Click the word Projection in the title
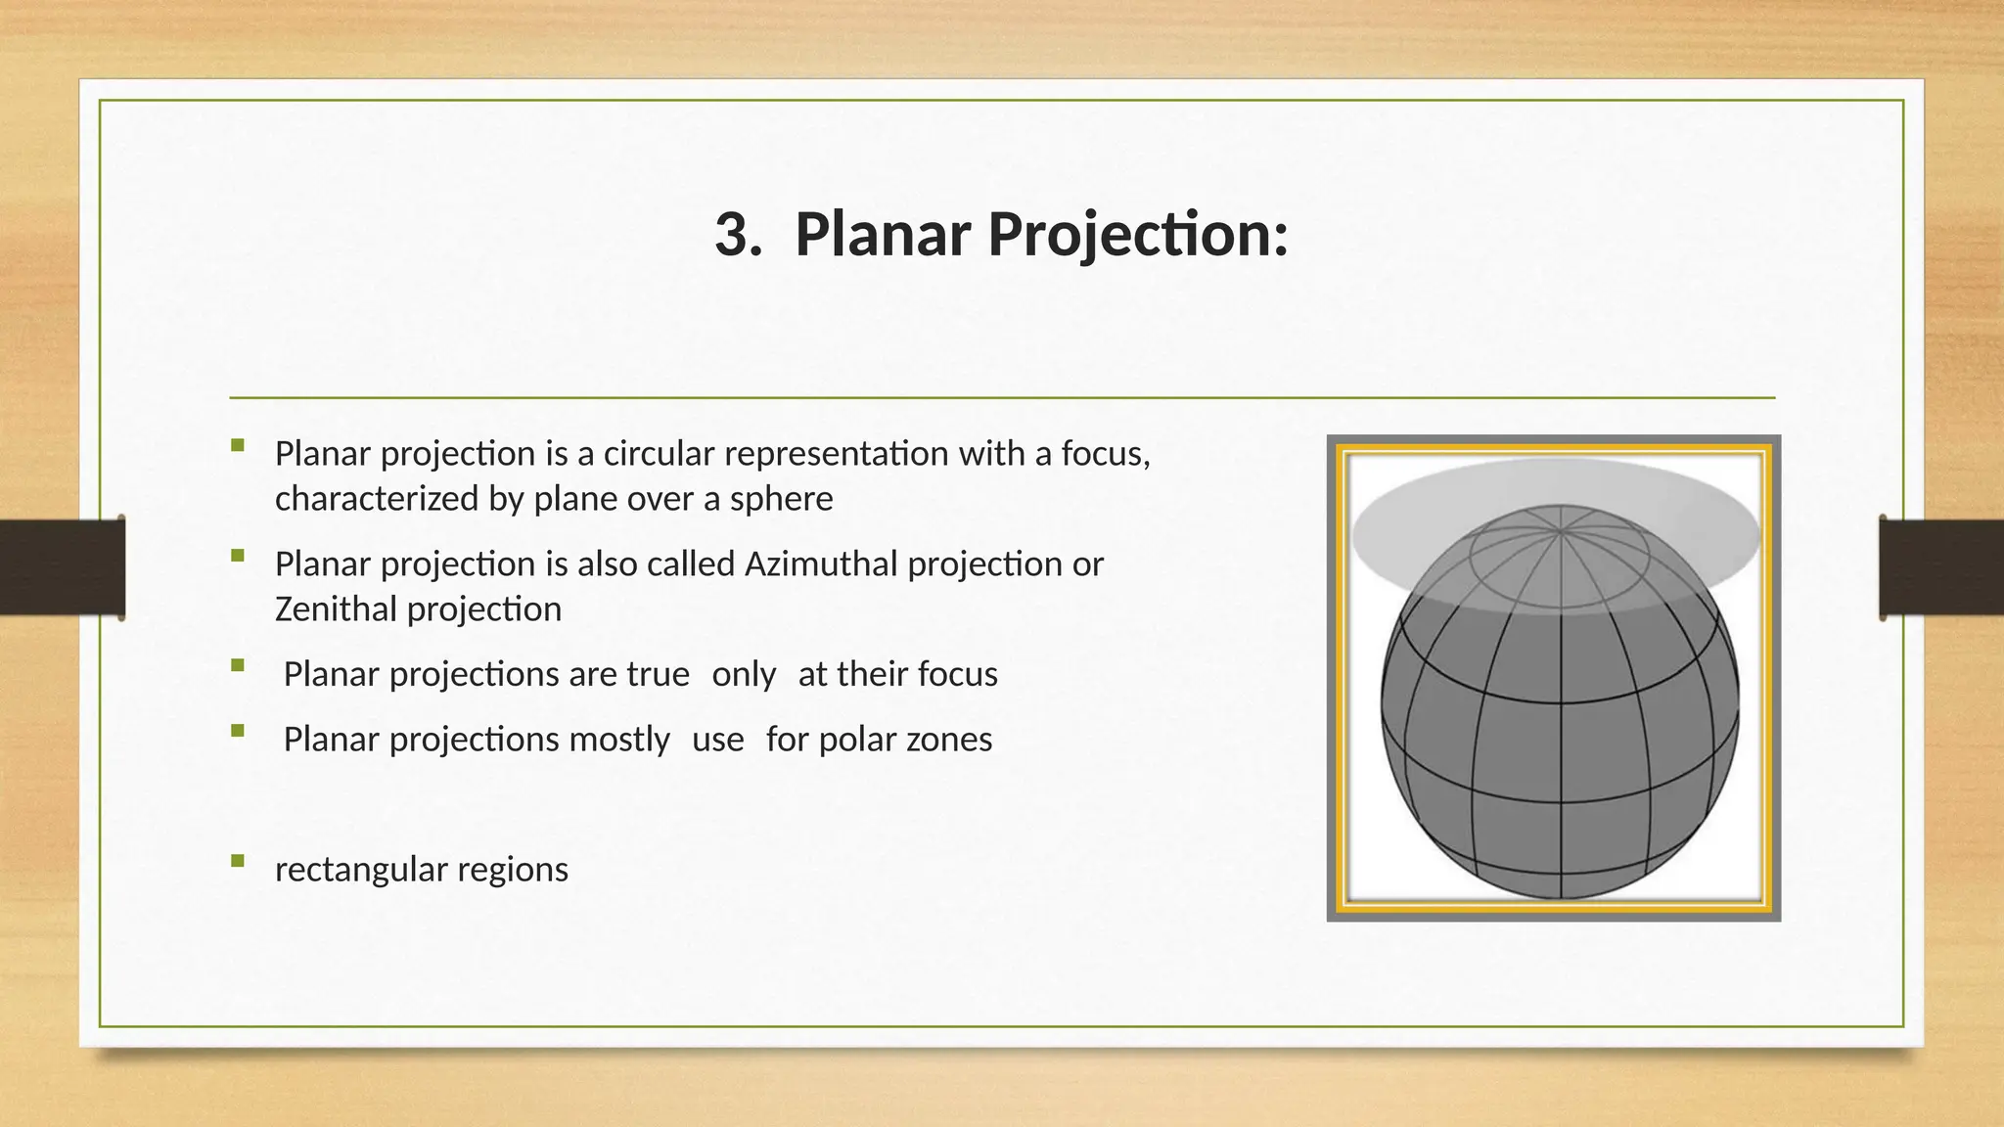1138,235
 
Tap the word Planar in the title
883,235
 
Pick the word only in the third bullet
744,675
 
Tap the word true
658,675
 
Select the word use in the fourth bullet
717,740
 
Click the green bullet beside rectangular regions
238,861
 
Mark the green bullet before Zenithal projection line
238,556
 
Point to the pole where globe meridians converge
1560,530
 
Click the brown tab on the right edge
1941,567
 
